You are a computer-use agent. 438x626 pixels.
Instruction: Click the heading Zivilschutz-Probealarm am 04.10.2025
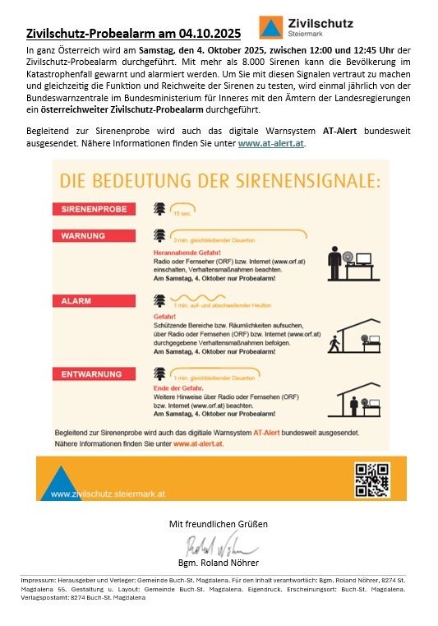click(x=133, y=34)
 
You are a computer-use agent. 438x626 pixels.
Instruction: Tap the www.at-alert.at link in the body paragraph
click(x=271, y=143)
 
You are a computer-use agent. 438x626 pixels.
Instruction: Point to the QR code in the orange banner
click(x=371, y=480)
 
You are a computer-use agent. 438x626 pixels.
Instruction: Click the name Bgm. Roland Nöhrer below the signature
click(x=219, y=563)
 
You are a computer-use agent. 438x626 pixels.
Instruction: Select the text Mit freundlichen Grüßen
click(x=219, y=524)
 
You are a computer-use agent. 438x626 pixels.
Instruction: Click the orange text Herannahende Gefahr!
click(x=184, y=252)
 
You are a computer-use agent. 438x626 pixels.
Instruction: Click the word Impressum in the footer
click(x=38, y=580)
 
